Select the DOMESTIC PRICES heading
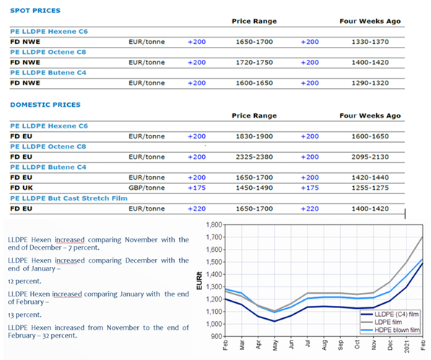pyautogui.click(x=45, y=105)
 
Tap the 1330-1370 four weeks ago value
pyautogui.click(x=364, y=42)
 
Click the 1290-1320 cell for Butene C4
pyautogui.click(x=364, y=84)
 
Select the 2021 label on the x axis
pyautogui.click(x=409, y=348)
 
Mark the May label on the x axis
pyautogui.click(x=275, y=347)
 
